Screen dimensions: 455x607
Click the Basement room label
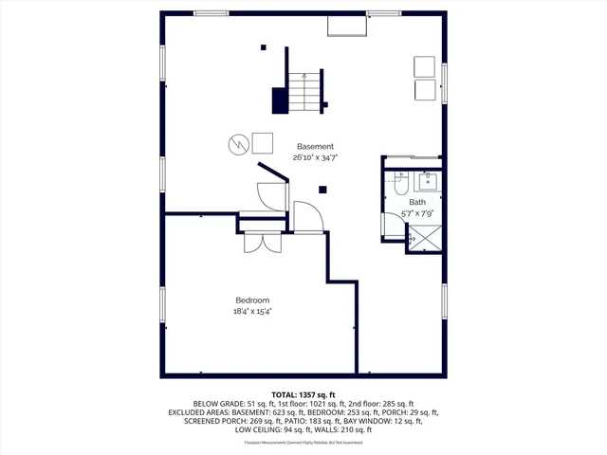(315, 147)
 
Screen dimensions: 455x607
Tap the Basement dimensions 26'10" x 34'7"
(315, 158)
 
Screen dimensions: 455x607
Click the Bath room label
(417, 203)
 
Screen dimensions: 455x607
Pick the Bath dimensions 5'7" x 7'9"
(417, 214)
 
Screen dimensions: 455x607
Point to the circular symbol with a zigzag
(238, 144)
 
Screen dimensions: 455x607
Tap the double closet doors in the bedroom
(261, 242)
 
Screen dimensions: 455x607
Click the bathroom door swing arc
(309, 218)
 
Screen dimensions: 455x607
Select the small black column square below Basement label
(322, 190)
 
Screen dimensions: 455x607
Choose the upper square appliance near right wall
(424, 66)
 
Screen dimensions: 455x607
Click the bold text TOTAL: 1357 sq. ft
(303, 394)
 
